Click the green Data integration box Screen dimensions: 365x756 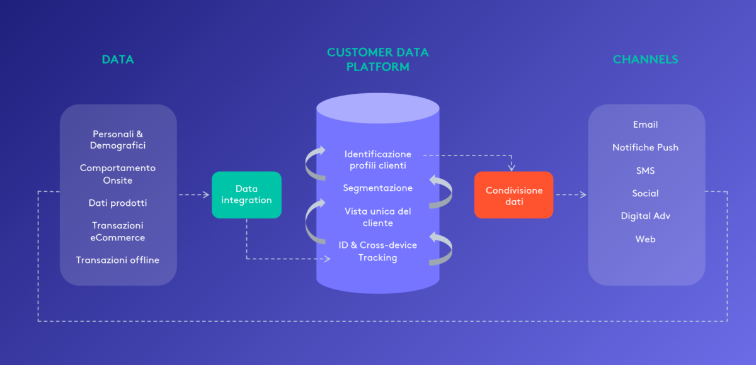(x=246, y=194)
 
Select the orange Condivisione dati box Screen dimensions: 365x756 (x=513, y=196)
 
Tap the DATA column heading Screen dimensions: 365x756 (x=118, y=60)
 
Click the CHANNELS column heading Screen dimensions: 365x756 (x=645, y=60)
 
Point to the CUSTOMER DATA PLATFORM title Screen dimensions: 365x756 (x=377, y=59)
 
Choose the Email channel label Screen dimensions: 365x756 (x=645, y=125)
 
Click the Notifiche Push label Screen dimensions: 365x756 (x=645, y=147)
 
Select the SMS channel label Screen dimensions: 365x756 (x=645, y=171)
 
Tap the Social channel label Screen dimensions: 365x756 (x=645, y=193)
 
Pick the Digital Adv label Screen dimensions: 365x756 (x=645, y=216)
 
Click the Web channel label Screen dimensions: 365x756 (x=645, y=239)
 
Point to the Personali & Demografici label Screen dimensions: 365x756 (x=118, y=140)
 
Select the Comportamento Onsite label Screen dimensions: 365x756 (x=118, y=174)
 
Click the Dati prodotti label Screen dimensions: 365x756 (x=118, y=203)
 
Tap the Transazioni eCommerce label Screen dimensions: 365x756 (x=118, y=231)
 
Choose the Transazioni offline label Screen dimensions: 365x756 (x=118, y=260)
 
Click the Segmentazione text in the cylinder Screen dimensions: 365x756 (x=378, y=188)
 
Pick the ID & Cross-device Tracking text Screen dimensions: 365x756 (x=378, y=251)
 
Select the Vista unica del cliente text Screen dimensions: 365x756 (x=378, y=217)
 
